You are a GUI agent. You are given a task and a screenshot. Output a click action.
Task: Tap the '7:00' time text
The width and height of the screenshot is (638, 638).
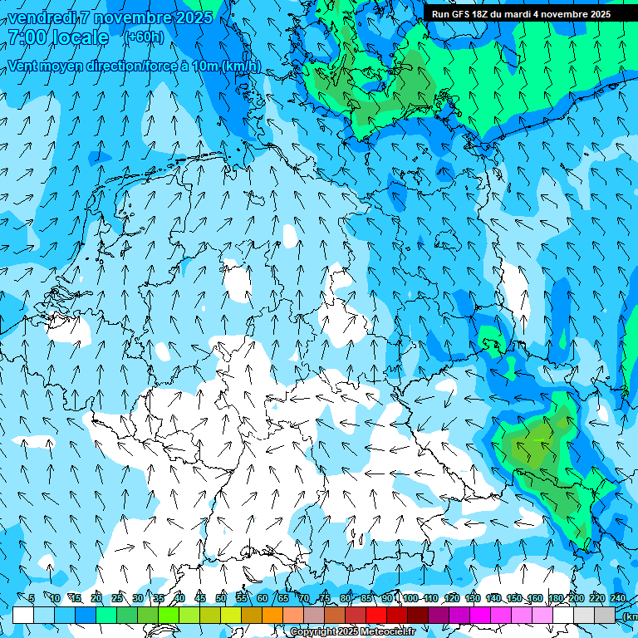26,37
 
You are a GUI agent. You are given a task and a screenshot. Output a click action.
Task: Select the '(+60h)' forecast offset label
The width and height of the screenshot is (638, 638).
145,37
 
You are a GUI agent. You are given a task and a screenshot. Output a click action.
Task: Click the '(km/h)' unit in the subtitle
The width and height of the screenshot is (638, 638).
241,66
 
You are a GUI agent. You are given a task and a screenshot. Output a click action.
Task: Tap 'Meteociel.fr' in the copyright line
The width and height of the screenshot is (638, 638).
385,632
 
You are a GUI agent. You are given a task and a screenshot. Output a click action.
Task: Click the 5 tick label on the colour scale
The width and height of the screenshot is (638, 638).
31,598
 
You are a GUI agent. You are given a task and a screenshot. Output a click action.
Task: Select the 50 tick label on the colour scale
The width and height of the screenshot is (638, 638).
221,598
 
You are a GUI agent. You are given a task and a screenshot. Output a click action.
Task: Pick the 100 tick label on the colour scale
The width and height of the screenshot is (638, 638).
410,598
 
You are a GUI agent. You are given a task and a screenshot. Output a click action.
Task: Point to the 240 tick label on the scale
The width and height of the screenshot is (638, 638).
618,598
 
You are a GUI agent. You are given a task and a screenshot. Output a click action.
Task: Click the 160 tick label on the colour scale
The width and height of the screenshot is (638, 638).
535,598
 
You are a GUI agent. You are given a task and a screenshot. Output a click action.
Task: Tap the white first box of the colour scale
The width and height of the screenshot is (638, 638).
23,615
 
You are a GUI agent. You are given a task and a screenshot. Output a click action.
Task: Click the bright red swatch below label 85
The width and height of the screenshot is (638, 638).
376,615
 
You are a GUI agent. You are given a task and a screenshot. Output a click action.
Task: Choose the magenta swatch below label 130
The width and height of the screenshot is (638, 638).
480,615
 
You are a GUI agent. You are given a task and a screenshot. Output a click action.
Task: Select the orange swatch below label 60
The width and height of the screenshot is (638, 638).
272,615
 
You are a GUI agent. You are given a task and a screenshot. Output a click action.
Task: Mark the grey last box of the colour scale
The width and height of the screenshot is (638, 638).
605,615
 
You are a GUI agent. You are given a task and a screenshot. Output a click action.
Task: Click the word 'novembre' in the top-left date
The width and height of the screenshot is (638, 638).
133,17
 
